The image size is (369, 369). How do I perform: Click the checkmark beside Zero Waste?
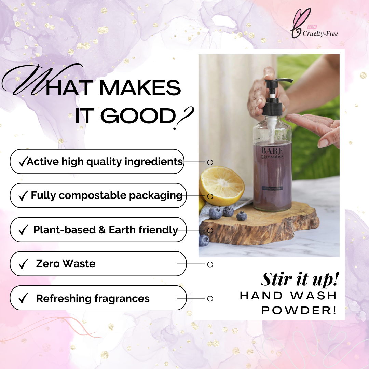click(23, 264)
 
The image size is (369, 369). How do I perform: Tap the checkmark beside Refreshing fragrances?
click(23, 299)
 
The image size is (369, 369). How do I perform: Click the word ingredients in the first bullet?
click(154, 162)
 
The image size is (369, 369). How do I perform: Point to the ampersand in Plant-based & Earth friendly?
click(102, 230)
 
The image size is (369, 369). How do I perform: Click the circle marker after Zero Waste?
click(210, 264)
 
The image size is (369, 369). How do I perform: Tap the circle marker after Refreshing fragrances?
click(210, 299)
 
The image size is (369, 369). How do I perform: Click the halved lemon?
click(222, 184)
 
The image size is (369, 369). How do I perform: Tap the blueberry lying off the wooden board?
click(204, 241)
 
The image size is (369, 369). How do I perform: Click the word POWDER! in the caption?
click(299, 310)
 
